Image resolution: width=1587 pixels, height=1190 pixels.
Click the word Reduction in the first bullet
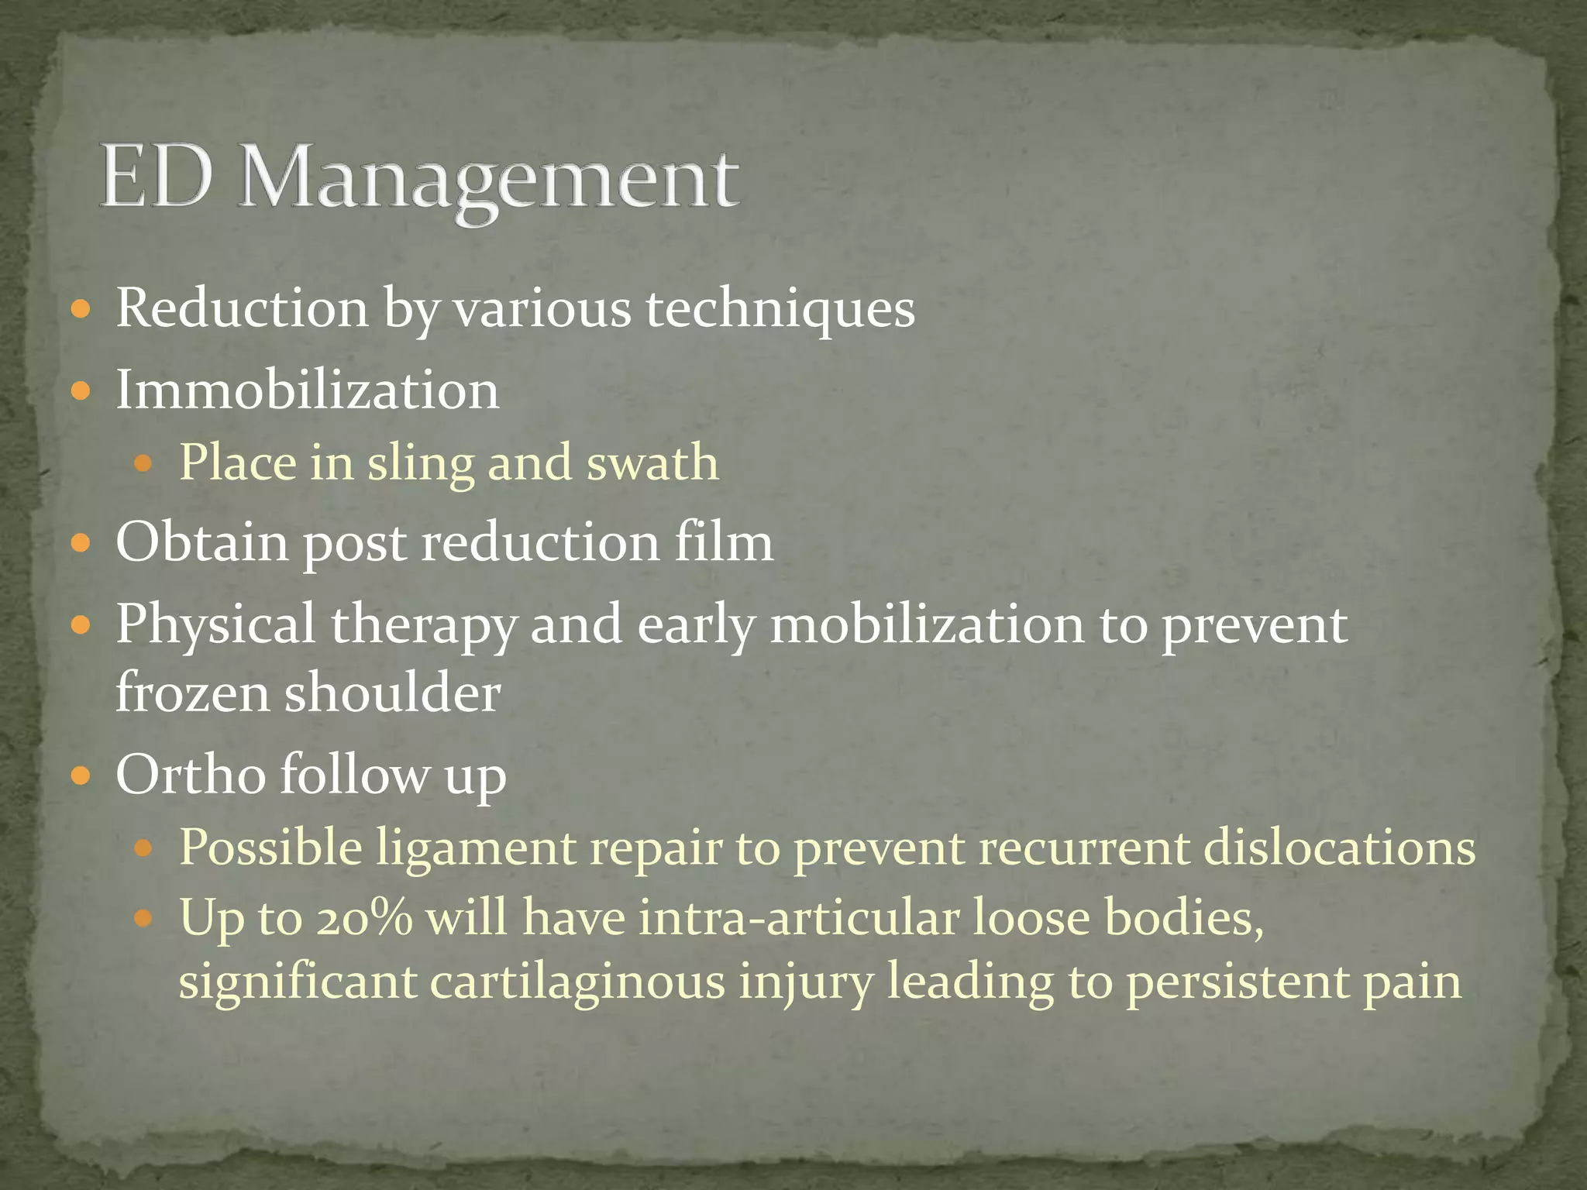coord(242,308)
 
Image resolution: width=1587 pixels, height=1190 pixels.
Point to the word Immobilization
coord(308,389)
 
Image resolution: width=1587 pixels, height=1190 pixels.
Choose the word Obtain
coord(201,542)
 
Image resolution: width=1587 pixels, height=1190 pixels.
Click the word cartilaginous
coord(577,982)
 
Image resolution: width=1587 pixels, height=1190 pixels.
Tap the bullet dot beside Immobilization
coord(81,390)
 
